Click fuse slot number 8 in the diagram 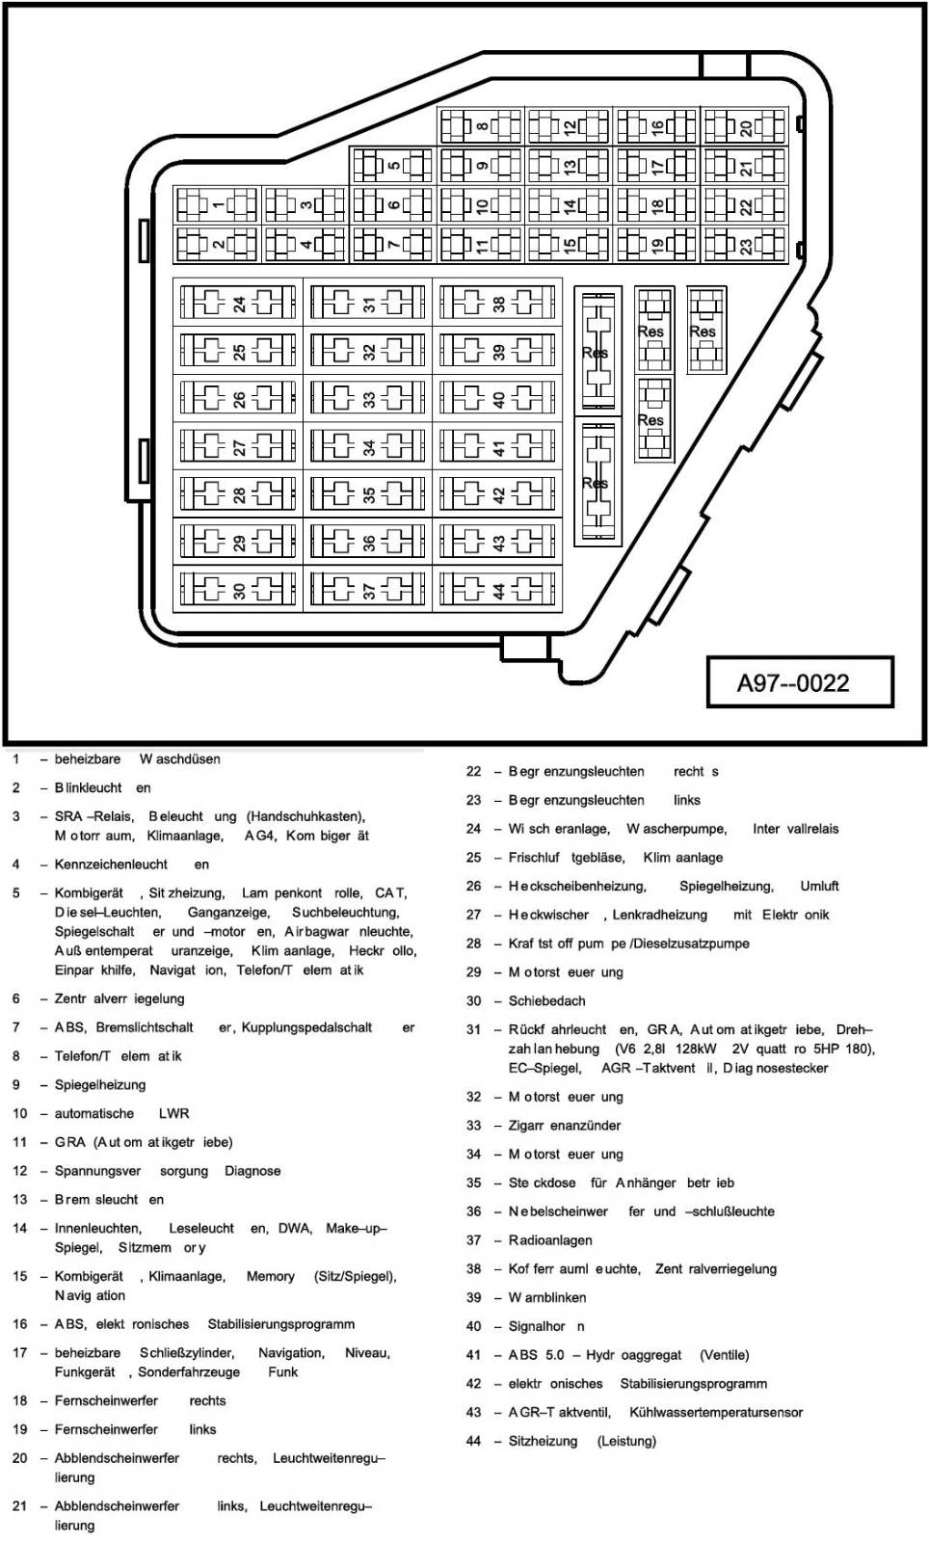481,126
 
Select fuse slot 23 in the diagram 745,245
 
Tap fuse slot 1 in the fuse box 217,205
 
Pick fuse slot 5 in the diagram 393,165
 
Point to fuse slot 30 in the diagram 238,590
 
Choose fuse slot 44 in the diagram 497,590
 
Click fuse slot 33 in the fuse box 368,399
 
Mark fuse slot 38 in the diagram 497,303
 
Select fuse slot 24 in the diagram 238,303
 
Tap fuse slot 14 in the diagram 570,205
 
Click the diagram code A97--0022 793,683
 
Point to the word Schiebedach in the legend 546,1001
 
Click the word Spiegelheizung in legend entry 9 100,1085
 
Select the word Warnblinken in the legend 547,1297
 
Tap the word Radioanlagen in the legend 550,1240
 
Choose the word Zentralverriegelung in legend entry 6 119,998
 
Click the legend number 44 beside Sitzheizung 473,1441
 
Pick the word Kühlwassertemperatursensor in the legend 716,1413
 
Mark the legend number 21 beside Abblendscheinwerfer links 20,1506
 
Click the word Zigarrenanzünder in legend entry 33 565,1126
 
